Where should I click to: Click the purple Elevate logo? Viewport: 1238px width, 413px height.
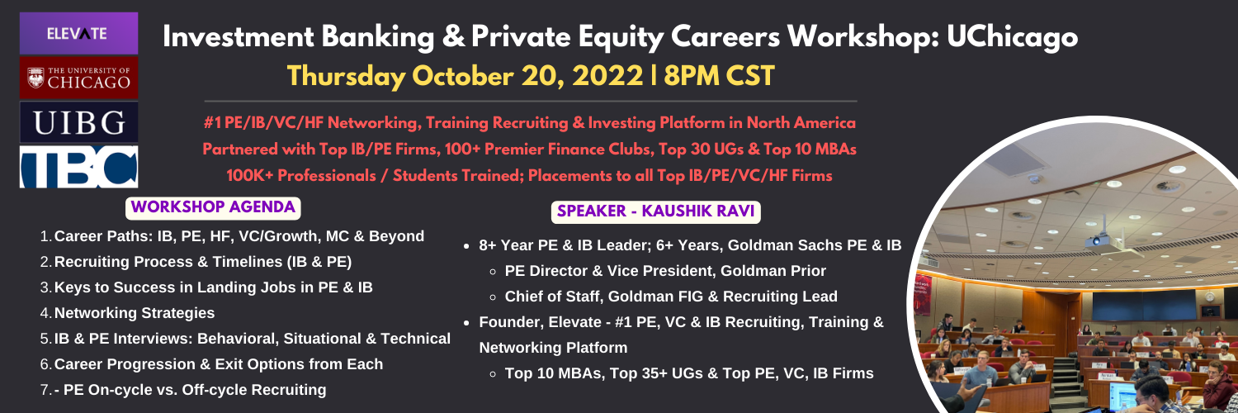[78, 33]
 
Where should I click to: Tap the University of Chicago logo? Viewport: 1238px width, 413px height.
[78, 78]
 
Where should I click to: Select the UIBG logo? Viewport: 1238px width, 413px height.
[78, 122]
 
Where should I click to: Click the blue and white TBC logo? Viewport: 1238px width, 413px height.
[78, 166]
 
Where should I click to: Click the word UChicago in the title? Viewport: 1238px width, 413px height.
[1012, 38]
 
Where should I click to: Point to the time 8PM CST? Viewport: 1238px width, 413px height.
[719, 76]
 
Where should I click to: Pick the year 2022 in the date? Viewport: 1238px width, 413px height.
[607, 76]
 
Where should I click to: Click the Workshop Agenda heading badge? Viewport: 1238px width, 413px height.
[213, 208]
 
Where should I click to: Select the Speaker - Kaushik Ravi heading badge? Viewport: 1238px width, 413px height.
[655, 211]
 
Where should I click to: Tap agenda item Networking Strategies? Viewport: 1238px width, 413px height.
[135, 313]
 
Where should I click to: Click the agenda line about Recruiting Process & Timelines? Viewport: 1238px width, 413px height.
[203, 262]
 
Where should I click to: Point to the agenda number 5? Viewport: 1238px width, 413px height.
[45, 339]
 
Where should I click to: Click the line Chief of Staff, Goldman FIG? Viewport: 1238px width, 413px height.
[671, 297]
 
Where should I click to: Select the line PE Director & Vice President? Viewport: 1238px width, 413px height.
[665, 271]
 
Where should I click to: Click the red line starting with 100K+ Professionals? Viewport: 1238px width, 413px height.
[529, 176]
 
